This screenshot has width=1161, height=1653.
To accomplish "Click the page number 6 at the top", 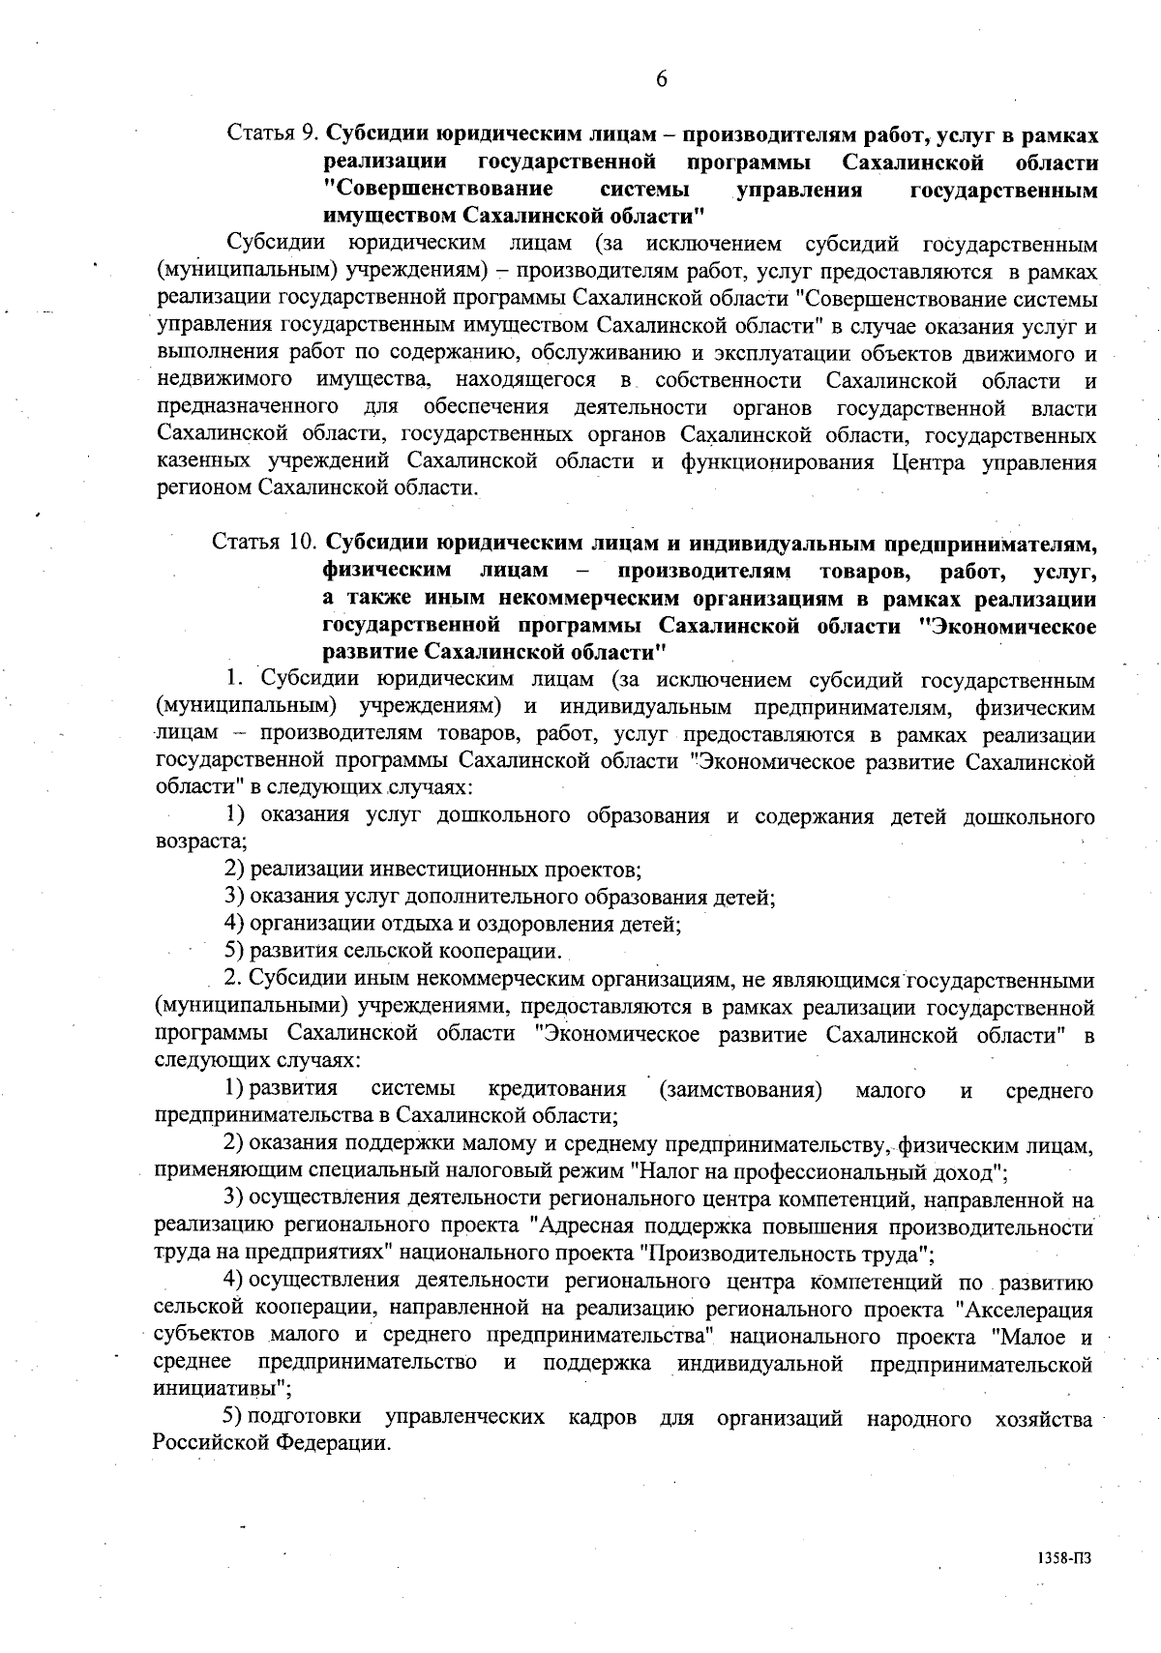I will pos(661,80).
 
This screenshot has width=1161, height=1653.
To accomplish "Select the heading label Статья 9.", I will pos(273,133).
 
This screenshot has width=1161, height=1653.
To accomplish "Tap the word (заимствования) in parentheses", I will pos(740,1091).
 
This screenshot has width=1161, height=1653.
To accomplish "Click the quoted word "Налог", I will pos(663,1173).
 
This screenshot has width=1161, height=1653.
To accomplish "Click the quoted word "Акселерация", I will pos(1023,1311).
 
